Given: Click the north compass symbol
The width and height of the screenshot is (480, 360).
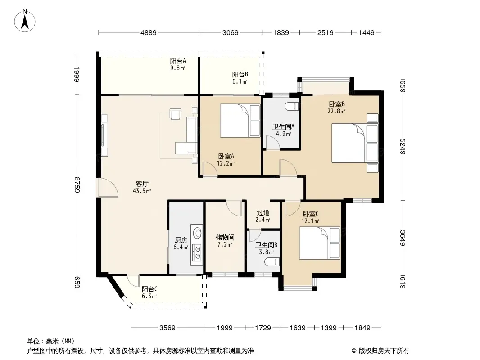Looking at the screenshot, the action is pos(25,21).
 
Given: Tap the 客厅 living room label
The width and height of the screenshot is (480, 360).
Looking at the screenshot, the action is pos(142,184).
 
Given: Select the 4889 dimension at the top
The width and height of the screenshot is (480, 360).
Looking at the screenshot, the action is pos(149,32).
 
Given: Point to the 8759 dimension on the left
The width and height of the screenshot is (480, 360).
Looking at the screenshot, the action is pos(77,185).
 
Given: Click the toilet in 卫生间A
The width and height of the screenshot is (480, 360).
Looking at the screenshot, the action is pos(291,107).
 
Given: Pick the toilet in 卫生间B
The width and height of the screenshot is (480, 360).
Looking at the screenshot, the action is pos(272,262).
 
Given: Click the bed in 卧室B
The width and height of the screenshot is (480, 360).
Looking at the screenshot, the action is pos(355,143).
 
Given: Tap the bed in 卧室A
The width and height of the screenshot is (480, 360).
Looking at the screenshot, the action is pos(240,121).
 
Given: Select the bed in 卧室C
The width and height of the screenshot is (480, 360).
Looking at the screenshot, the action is pos(320,243).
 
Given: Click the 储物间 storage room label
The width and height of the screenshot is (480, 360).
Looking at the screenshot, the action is pos(225,237).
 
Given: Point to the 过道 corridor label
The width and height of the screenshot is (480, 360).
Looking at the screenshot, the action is pos(263,212).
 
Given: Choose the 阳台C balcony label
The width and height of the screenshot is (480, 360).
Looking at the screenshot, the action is pos(149,289).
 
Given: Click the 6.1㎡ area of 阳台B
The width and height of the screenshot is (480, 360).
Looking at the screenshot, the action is pos(240,81).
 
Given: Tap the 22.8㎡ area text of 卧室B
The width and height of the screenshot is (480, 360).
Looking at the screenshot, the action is pos(336,111).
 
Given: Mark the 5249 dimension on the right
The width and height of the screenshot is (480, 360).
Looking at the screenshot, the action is pos(403,147).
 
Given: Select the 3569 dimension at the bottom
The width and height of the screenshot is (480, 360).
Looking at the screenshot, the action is pos(168,328).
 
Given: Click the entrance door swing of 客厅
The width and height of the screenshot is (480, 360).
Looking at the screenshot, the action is pos(107,187).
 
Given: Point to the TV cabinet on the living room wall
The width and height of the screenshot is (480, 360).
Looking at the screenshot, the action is pos(104,135).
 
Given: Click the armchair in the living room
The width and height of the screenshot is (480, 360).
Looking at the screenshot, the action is pos(176,114).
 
